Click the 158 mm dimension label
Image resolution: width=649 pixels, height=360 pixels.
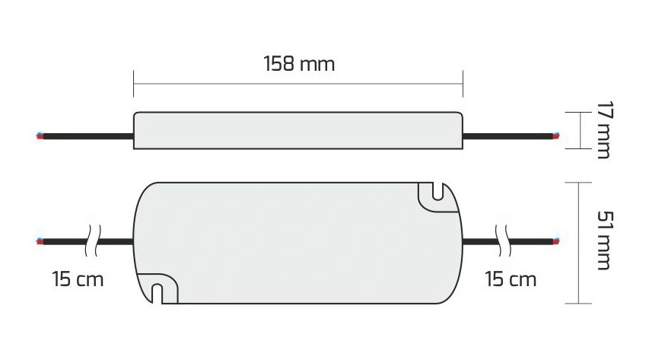click(299, 64)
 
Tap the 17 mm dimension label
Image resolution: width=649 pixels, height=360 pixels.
click(605, 129)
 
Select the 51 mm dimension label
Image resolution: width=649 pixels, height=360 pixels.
click(605, 241)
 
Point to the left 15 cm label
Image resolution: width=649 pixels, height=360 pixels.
click(78, 279)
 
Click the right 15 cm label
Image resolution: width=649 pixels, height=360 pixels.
click(511, 279)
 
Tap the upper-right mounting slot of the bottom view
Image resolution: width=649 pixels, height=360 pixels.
click(438, 192)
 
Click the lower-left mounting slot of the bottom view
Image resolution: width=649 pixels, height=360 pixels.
click(157, 293)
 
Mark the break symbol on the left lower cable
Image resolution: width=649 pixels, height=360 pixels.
click(93, 241)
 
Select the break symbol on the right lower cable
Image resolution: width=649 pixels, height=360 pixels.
click(504, 241)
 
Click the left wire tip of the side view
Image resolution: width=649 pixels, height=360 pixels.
click(40, 136)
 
